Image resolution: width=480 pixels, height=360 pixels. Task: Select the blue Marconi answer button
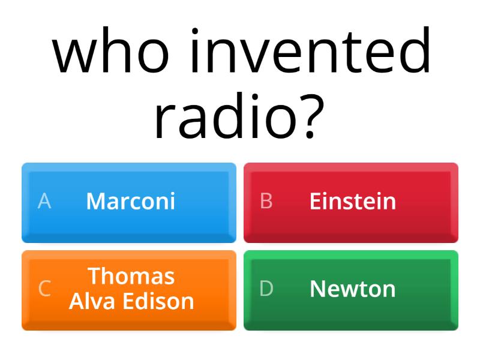tap(129, 202)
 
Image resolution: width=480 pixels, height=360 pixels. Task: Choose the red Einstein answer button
tap(351, 202)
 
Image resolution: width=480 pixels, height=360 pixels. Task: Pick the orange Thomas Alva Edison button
tap(129, 290)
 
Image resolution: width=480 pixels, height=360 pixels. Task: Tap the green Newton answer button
tap(351, 290)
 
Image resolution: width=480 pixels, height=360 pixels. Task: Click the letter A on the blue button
tap(44, 201)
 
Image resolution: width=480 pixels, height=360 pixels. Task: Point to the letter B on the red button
tap(266, 201)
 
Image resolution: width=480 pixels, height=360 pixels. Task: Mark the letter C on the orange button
tap(44, 289)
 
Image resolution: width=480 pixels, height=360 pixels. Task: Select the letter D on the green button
tap(266, 289)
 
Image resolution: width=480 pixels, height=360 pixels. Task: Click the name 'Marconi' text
tap(131, 201)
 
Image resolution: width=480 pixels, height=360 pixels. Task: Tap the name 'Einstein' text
tap(353, 201)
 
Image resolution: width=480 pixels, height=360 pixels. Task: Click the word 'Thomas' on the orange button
tap(131, 276)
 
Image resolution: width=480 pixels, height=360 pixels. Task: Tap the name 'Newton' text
tap(353, 289)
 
